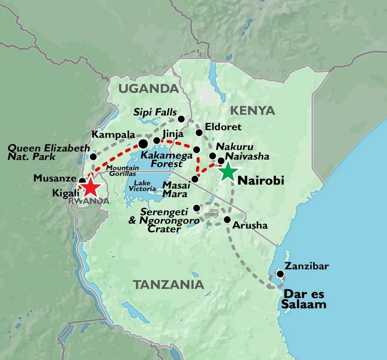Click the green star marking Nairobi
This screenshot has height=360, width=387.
tap(229, 171)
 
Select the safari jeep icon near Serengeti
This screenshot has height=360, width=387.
tap(211, 213)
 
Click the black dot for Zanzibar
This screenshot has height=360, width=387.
tap(280, 274)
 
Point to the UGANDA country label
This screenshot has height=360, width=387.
tap(148, 89)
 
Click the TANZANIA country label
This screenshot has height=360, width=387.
tap(168, 284)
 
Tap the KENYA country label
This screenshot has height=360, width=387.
tap(252, 111)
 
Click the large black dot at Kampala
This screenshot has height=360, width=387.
tap(143, 143)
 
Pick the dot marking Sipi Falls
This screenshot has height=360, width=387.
tap(181, 119)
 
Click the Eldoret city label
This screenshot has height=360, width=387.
tap(224, 127)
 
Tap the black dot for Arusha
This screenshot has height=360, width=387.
tap(227, 220)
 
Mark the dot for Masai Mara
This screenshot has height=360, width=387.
tap(195, 179)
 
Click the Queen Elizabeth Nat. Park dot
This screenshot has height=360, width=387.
tap(93, 157)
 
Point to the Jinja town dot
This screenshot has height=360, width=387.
tap(157, 140)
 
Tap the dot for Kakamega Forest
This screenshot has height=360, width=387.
tap(197, 150)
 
